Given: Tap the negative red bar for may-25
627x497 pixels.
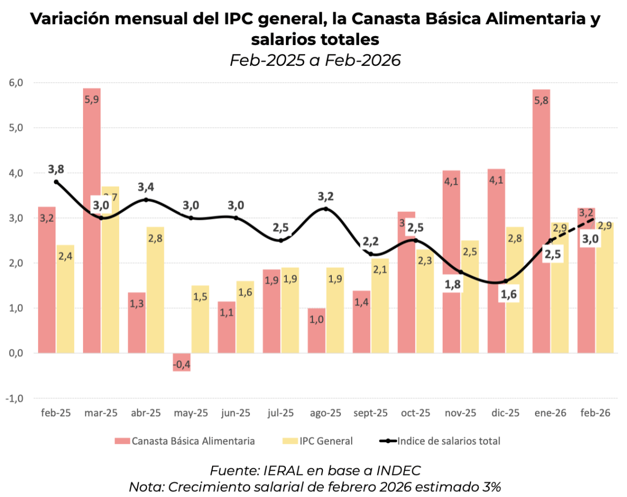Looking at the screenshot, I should [x=181, y=362].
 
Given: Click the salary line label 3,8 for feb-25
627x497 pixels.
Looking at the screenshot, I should [x=56, y=170].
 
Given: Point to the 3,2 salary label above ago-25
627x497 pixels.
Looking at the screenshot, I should [x=326, y=197].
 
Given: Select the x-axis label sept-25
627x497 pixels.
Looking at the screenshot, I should [x=371, y=413].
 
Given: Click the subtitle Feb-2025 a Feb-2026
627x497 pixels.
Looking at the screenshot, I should [x=315, y=60].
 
